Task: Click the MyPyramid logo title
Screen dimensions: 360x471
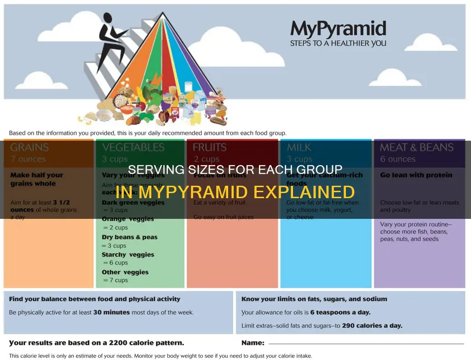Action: click(338, 29)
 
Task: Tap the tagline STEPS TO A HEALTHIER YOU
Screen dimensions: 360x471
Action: click(338, 44)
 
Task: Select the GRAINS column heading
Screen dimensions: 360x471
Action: click(29, 148)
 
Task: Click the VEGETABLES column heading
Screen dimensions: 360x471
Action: click(133, 148)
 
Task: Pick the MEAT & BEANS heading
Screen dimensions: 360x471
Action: click(416, 148)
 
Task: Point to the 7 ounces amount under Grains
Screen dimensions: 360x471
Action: click(28, 159)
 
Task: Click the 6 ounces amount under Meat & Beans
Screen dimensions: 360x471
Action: click(398, 159)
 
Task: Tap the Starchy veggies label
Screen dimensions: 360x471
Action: click(128, 255)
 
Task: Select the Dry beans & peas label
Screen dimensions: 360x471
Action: click(130, 237)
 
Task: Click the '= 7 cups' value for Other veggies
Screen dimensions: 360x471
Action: click(115, 280)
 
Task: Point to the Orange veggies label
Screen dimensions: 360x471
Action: click(127, 219)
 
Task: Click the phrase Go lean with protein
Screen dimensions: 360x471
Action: click(416, 175)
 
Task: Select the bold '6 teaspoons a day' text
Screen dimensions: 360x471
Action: click(340, 312)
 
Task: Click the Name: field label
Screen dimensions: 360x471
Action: click(253, 343)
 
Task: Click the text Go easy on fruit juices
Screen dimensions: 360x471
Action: click(223, 217)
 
